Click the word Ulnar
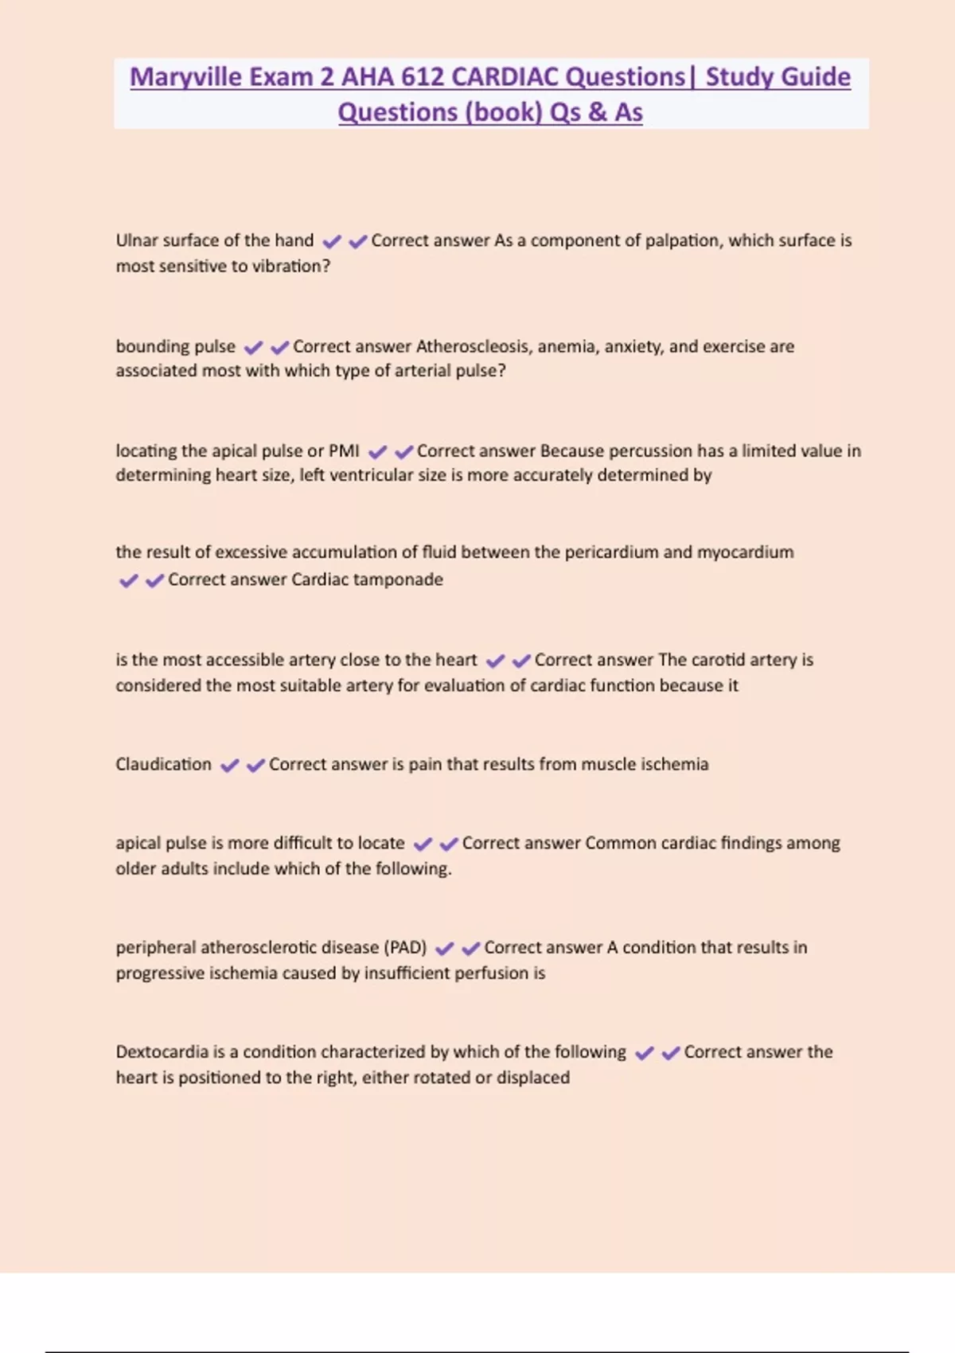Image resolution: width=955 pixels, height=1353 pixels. (x=136, y=240)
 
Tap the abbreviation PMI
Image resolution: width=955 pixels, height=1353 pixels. (x=344, y=450)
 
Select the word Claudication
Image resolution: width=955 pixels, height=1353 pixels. (x=163, y=764)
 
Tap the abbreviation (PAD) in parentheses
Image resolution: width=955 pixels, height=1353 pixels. (x=405, y=947)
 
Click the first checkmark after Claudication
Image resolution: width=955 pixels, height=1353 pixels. (x=229, y=766)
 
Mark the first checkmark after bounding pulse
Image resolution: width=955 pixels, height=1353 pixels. (x=253, y=348)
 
